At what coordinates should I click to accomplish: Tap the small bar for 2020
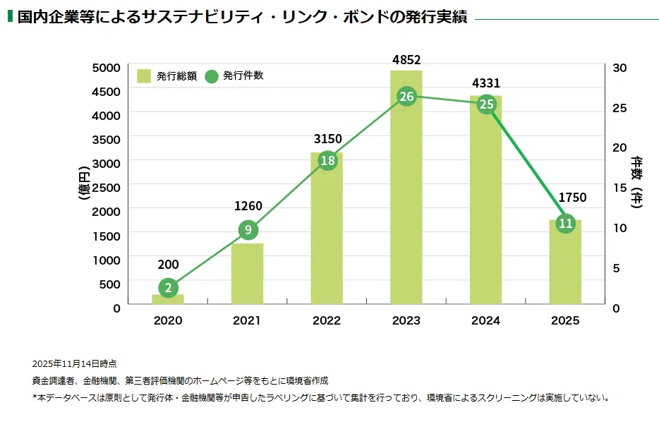168,299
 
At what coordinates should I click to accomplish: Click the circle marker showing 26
406,97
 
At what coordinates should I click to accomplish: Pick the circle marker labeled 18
327,160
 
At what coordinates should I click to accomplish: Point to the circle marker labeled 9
247,230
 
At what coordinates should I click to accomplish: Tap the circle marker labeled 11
565,224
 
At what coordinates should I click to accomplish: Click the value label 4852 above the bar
406,60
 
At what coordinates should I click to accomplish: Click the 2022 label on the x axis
327,320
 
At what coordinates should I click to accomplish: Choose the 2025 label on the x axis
565,320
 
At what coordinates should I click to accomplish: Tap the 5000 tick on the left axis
106,67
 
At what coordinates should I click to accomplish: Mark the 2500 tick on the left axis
106,187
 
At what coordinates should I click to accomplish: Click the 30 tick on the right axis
619,67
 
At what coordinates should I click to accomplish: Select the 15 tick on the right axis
619,187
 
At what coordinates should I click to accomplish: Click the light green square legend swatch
144,76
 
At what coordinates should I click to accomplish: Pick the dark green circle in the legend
211,76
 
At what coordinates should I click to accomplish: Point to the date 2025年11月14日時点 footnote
74,364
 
